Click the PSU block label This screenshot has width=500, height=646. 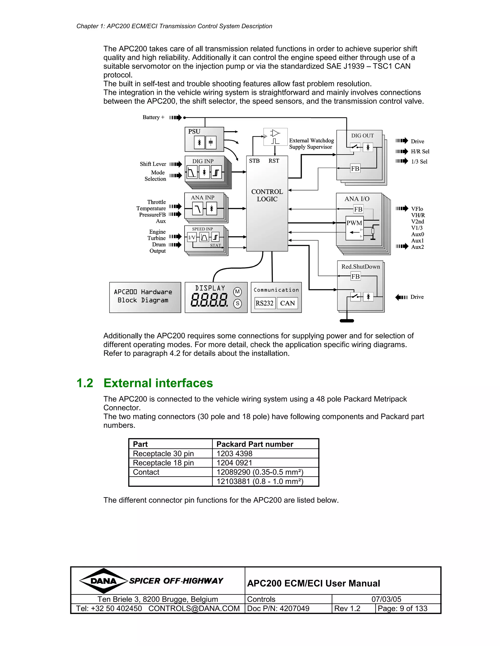click(194, 131)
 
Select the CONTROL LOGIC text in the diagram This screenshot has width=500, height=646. click(267, 195)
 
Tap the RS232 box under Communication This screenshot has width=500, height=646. click(264, 303)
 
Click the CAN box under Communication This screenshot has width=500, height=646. click(287, 303)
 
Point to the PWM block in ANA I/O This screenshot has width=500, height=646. click(354, 223)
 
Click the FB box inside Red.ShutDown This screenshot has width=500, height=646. click(355, 276)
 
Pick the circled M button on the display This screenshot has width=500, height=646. click(237, 292)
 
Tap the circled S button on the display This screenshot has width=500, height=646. click(237, 303)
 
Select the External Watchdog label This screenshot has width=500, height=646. click(311, 140)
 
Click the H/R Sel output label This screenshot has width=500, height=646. click(420, 151)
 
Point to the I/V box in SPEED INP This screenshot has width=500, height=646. click(192, 237)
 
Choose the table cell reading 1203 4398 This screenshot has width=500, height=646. click(234, 453)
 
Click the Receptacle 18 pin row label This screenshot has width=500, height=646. click(163, 463)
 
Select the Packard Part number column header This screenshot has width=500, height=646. click(255, 444)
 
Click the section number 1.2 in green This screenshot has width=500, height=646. click(85, 383)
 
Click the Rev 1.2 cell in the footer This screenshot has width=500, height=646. click(347, 608)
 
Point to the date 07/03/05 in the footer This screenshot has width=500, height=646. click(386, 599)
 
